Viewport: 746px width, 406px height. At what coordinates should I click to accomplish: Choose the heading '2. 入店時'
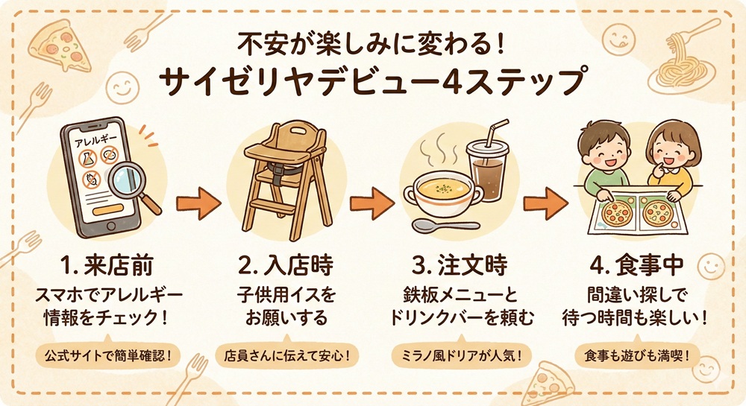click(x=287, y=265)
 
